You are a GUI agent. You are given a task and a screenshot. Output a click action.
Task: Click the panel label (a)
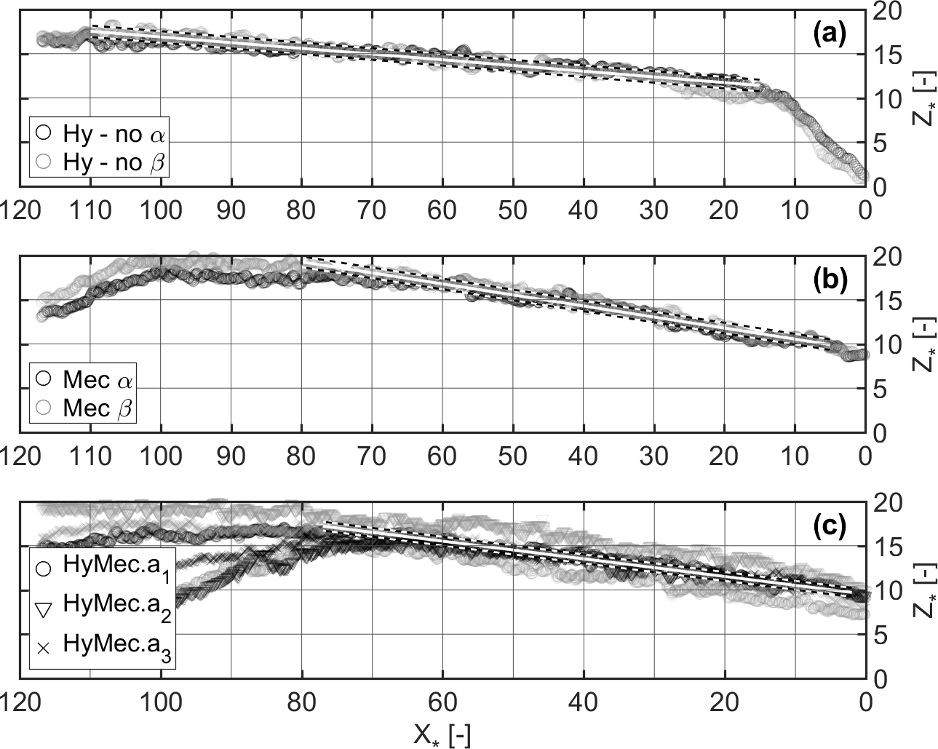pyautogui.click(x=829, y=34)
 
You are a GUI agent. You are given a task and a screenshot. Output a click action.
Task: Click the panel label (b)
pyautogui.click(x=829, y=280)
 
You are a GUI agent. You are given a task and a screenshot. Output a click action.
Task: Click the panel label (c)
pyautogui.click(x=830, y=526)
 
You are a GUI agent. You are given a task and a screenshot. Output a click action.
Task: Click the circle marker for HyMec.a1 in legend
pyautogui.click(x=43, y=568)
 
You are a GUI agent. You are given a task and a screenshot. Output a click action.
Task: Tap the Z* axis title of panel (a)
pyautogui.click(x=920, y=98)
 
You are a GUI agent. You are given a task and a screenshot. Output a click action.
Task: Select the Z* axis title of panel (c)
pyautogui.click(x=920, y=590)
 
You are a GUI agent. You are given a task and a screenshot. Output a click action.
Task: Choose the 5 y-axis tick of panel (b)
pyautogui.click(x=877, y=389)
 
